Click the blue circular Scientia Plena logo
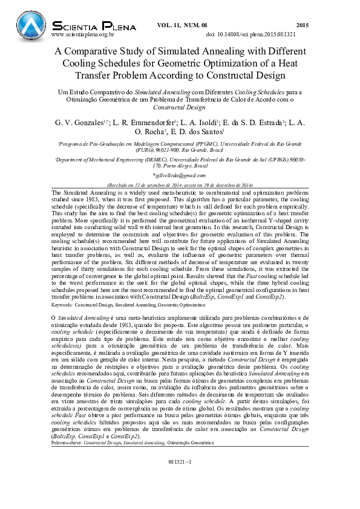(x=30, y=24)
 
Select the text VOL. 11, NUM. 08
(x=182, y=25)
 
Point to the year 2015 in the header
(x=303, y=25)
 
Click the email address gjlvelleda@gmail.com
(x=180, y=174)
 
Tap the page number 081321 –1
(x=180, y=478)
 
